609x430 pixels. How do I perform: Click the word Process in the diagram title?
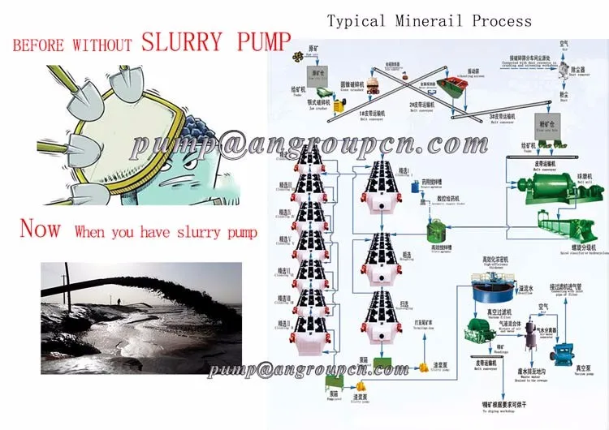click(x=502, y=20)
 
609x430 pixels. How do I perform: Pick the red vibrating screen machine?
click(x=446, y=86)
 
